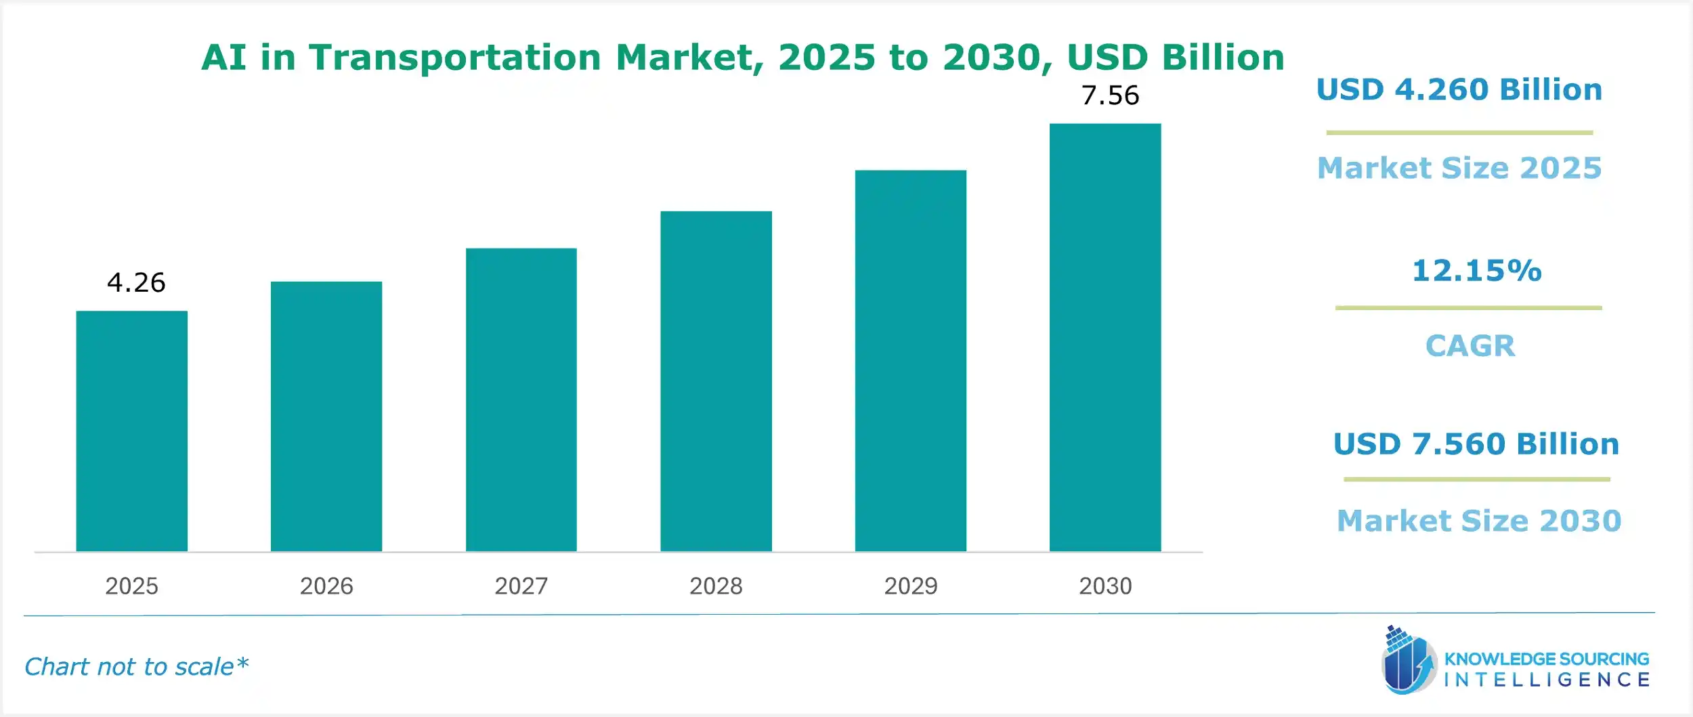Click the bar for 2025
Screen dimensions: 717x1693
pos(131,431)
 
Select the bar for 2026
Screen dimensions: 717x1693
pos(326,416)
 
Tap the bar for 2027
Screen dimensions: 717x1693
pos(521,399)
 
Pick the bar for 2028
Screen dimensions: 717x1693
pos(716,381)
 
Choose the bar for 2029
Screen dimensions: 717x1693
pos(910,360)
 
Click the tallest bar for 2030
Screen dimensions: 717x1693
pos(1105,337)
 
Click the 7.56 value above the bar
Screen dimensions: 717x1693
pos(1110,95)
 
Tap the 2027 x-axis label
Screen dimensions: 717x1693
pos(521,586)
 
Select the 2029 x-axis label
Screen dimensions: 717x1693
pos(910,586)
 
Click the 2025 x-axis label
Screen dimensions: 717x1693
pos(131,586)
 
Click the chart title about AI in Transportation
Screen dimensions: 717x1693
pos(742,57)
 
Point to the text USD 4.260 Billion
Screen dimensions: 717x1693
pos(1459,89)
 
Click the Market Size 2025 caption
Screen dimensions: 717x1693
pos(1459,168)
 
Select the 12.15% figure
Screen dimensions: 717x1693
pos(1476,271)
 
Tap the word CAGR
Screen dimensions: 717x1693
pos(1470,346)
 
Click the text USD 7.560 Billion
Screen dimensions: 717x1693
pos(1476,444)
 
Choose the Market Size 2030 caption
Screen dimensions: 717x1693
pos(1478,521)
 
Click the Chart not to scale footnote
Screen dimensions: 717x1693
pos(136,667)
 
